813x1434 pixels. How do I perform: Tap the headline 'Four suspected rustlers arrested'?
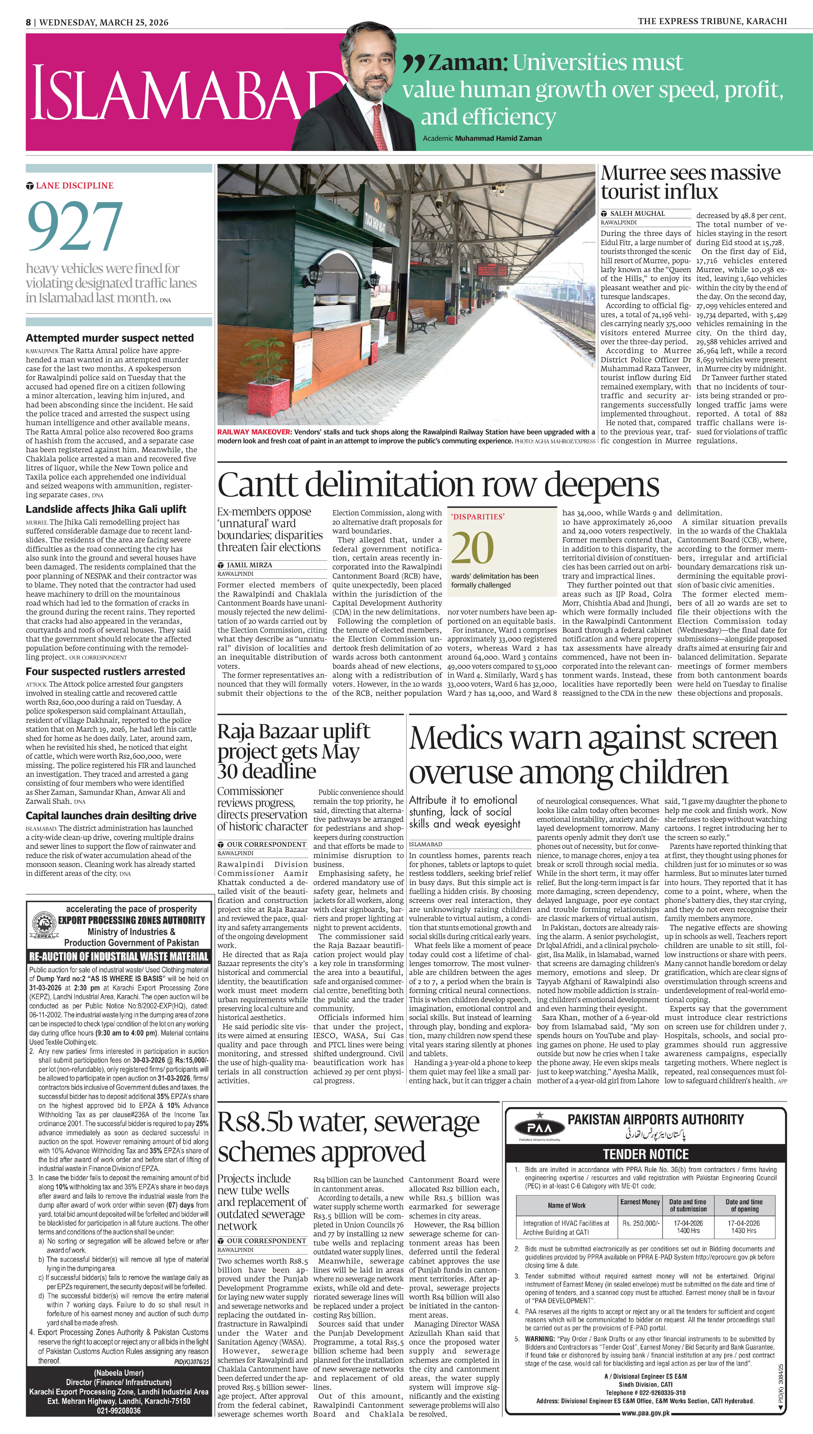click(105, 671)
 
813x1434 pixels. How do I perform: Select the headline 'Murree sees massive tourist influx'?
click(690, 182)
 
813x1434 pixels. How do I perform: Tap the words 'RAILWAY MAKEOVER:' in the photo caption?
click(254, 432)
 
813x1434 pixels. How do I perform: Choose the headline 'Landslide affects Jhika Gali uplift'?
click(106, 509)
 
